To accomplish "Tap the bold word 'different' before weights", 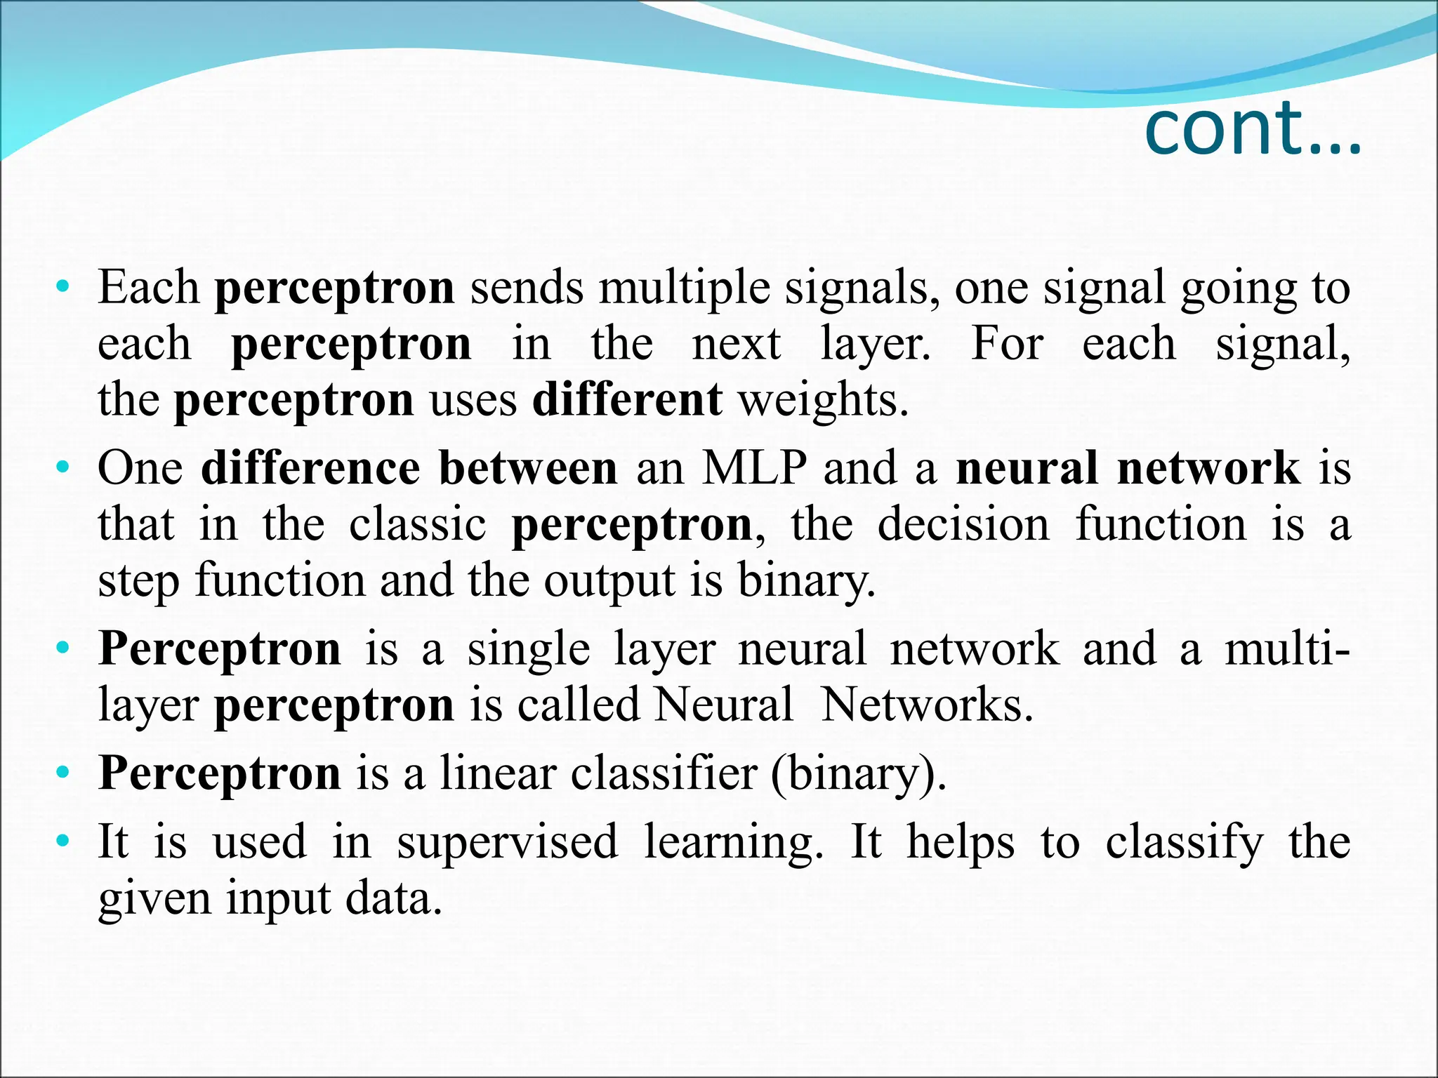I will click(x=627, y=399).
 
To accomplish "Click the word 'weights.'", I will click(x=824, y=401).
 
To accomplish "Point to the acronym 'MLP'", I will click(x=754, y=468).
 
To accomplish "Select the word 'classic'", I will click(x=417, y=524).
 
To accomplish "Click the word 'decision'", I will click(x=963, y=524).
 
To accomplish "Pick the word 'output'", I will click(x=608, y=582).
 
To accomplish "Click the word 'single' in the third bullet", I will click(x=529, y=649).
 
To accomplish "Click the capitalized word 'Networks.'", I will click(x=927, y=704).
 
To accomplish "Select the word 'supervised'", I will click(x=507, y=841).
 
